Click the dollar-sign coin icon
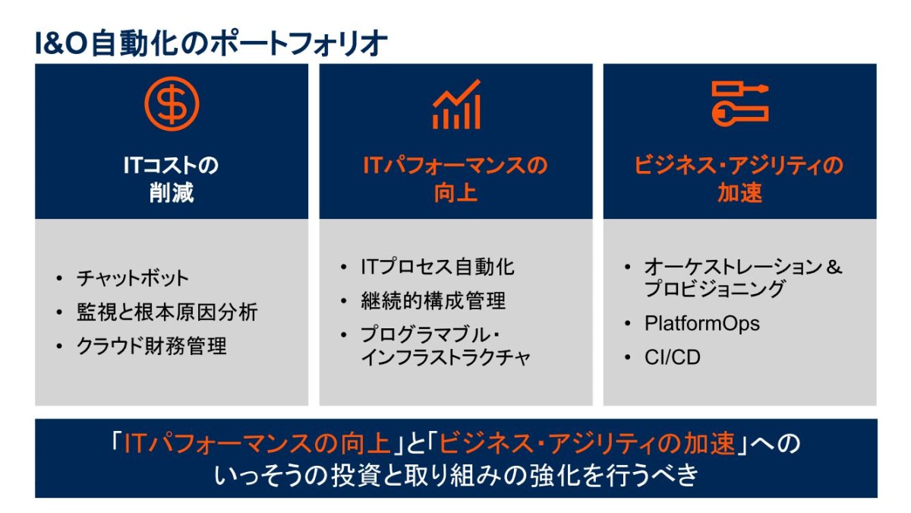(x=172, y=104)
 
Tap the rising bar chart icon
(x=455, y=104)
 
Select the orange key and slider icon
(x=739, y=103)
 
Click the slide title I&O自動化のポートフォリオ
(x=211, y=43)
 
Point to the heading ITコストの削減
(x=172, y=179)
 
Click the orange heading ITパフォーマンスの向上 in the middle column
(x=455, y=179)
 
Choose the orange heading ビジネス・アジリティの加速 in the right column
(x=739, y=179)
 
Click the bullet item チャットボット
(x=132, y=278)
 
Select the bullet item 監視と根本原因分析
(x=167, y=312)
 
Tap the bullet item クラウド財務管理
(x=152, y=347)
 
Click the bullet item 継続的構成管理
(x=433, y=301)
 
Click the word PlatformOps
(x=701, y=323)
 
